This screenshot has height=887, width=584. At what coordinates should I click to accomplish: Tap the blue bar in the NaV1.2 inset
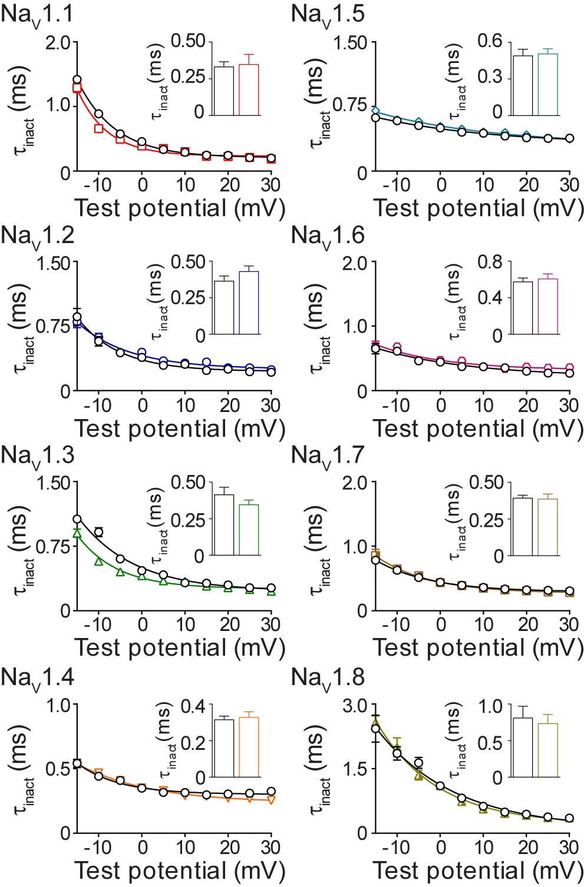[x=249, y=303]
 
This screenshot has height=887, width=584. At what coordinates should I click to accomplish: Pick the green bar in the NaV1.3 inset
[x=249, y=530]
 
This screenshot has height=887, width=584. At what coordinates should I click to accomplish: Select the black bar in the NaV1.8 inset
[x=523, y=748]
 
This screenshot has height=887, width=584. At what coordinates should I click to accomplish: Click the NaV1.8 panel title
[x=328, y=678]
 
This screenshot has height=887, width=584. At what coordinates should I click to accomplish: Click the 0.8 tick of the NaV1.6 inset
[x=490, y=261]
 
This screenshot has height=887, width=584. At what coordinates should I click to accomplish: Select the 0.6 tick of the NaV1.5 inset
[x=490, y=41]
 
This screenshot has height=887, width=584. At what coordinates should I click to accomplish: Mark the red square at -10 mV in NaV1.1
[x=98, y=128]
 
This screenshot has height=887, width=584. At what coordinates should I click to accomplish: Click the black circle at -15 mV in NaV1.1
[x=77, y=79]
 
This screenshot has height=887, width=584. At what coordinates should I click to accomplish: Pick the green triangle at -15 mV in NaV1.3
[x=77, y=533]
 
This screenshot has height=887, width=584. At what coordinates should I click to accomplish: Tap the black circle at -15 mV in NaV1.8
[x=375, y=729]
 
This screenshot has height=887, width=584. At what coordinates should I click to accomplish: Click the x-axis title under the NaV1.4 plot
[x=180, y=871]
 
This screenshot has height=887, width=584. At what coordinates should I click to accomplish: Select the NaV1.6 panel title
[x=328, y=235]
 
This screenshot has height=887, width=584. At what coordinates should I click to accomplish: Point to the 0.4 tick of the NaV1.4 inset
[x=192, y=705]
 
